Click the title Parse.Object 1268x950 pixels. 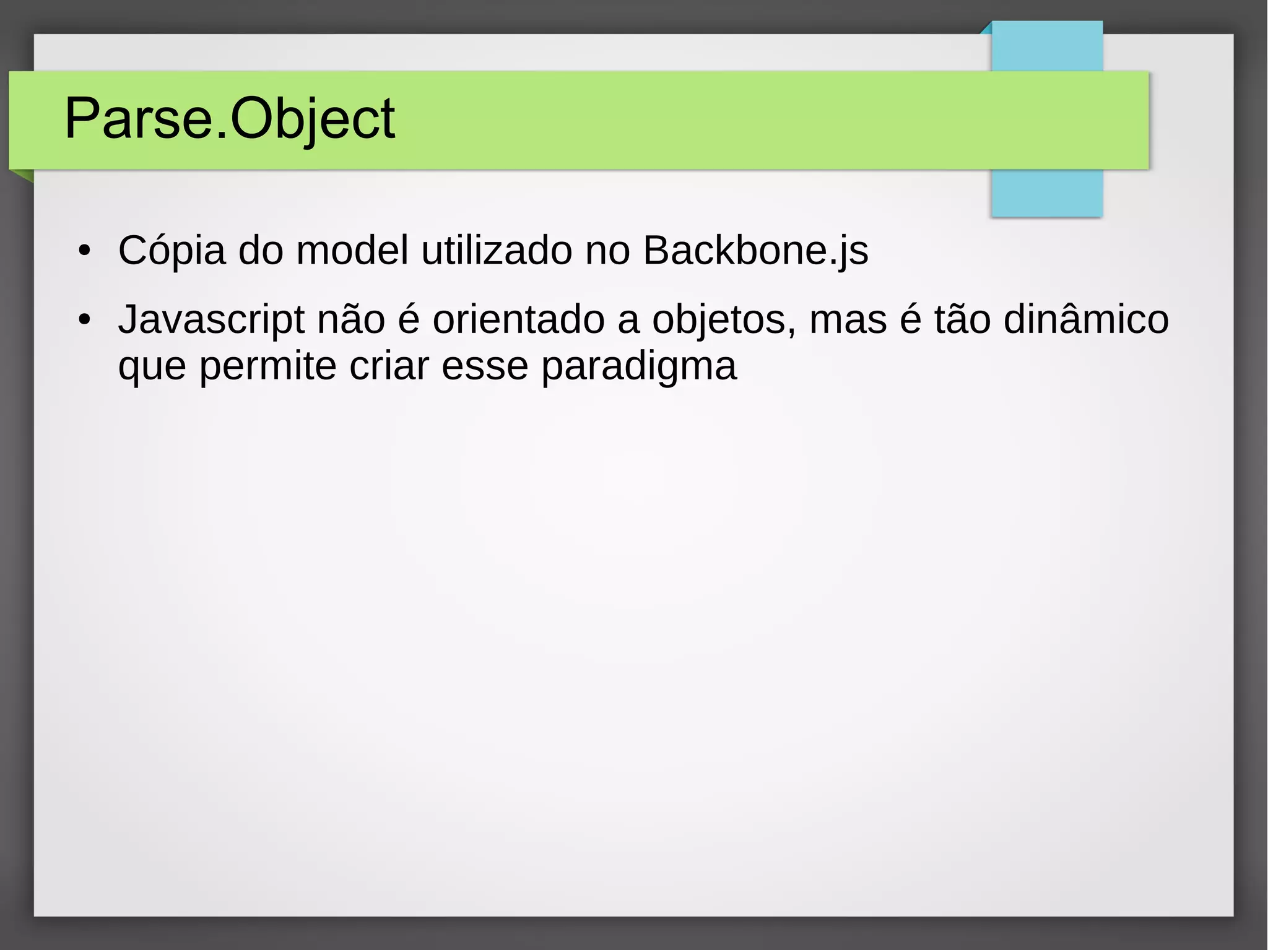[x=229, y=119]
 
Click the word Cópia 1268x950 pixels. [x=172, y=251]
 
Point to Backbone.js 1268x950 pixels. [x=755, y=251]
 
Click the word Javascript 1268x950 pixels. [x=211, y=321]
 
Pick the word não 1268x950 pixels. [x=351, y=321]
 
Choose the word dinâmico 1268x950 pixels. [x=1086, y=321]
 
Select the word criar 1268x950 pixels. [x=389, y=366]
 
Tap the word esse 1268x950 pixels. [x=485, y=366]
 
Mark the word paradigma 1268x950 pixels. [x=639, y=366]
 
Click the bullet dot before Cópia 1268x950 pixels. [x=84, y=252]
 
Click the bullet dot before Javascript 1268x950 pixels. [x=84, y=321]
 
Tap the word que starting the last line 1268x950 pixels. [x=152, y=366]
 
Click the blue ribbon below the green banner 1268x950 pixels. [x=1046, y=192]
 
